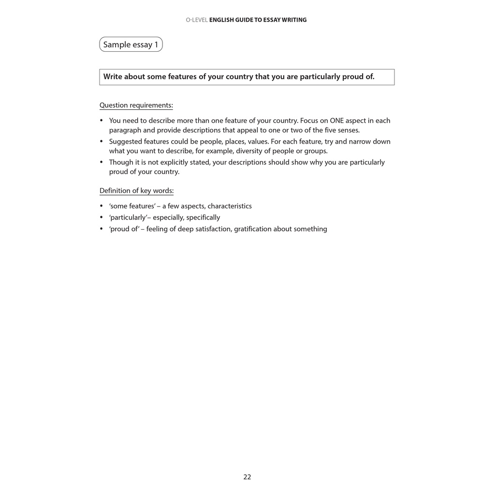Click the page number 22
tap(247, 477)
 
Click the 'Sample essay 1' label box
tap(131, 44)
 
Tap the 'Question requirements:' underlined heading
tap(136, 105)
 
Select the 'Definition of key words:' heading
tap(136, 191)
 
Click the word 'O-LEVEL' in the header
tap(197, 20)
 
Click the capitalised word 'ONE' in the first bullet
tap(336, 121)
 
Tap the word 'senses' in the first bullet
tap(348, 130)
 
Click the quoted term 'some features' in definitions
tap(132, 206)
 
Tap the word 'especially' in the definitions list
tap(167, 218)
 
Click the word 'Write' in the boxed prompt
tap(113, 77)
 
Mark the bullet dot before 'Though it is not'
tap(102, 162)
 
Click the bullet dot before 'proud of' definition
tap(102, 229)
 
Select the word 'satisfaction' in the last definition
tap(213, 229)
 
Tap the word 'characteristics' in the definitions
tap(230, 206)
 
